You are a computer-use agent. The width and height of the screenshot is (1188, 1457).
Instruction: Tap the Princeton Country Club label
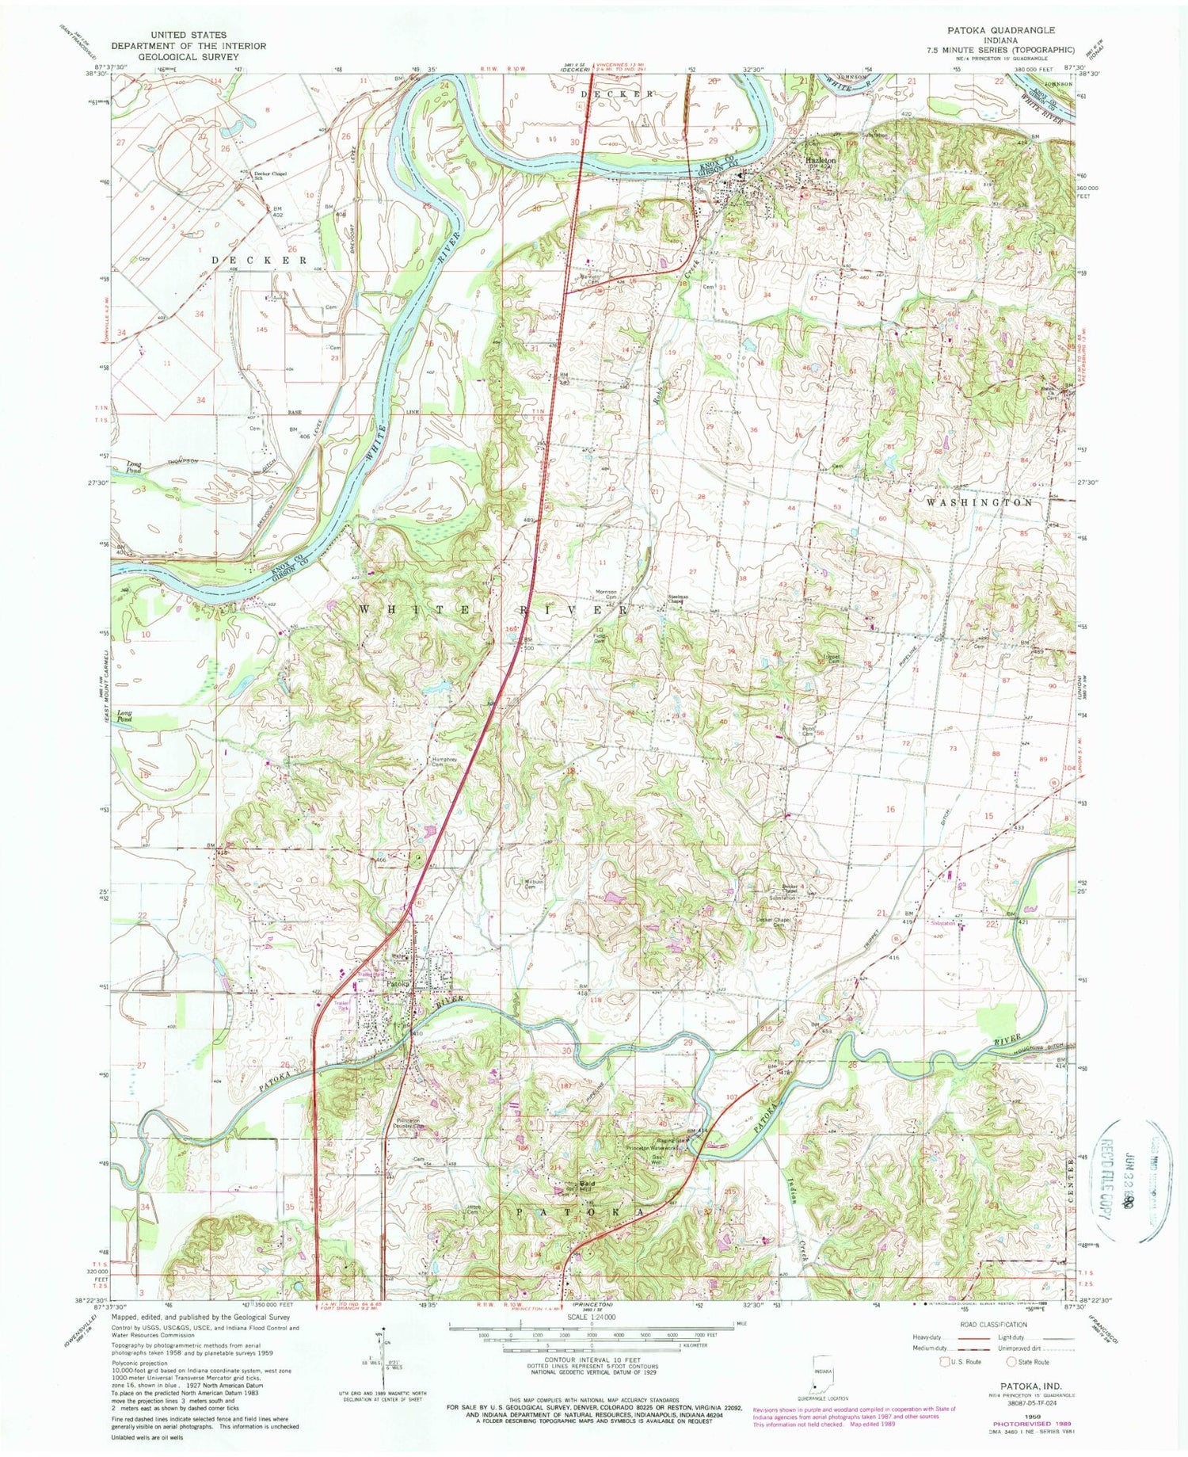pyautogui.click(x=412, y=1123)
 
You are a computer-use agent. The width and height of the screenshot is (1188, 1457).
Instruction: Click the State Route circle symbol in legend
pyautogui.click(x=1011, y=1361)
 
